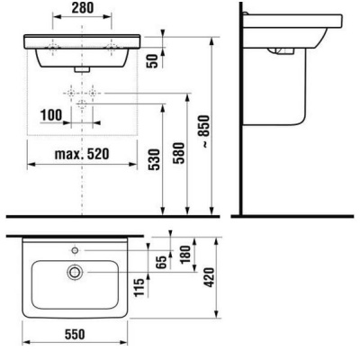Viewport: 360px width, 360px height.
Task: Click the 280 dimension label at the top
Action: click(83, 8)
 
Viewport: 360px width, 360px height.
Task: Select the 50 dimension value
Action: click(153, 61)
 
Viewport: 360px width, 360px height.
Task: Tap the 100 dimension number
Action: click(51, 115)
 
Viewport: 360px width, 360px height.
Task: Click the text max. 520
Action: click(82, 154)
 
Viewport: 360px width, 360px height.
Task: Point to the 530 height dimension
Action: click(155, 159)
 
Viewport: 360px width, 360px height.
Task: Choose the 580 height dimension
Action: click(180, 153)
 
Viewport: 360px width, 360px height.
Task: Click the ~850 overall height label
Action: click(205, 131)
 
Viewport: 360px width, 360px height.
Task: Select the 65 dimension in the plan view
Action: click(161, 263)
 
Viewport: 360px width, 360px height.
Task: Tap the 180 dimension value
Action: click(185, 254)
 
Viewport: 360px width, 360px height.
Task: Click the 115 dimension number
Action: click(139, 287)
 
